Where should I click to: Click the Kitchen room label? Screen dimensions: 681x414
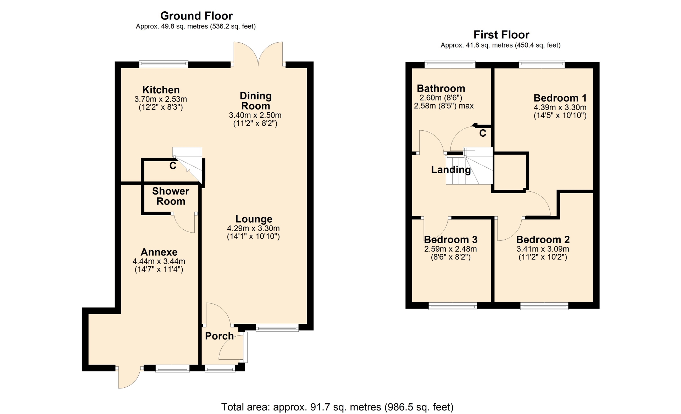(161, 90)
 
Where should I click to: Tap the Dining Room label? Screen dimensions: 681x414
(255, 101)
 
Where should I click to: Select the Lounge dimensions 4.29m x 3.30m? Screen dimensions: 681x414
(253, 228)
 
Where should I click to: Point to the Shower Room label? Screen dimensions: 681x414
(171, 196)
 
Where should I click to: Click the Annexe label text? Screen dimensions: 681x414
(159, 252)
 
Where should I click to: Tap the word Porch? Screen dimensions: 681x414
(219, 336)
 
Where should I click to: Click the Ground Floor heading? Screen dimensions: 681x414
(196, 16)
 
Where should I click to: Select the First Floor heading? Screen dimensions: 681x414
(501, 34)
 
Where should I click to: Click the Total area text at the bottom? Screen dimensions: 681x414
(337, 407)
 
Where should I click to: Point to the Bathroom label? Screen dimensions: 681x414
(441, 88)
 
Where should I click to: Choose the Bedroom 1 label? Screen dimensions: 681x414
(560, 98)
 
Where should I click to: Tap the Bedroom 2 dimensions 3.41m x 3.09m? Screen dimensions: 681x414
(543, 249)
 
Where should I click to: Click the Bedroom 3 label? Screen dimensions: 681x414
(450, 239)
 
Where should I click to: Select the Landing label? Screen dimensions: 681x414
(451, 170)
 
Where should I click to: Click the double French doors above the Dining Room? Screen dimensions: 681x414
(258, 54)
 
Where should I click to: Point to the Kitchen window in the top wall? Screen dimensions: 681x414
(164, 64)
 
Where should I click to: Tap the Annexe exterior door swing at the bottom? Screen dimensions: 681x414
(129, 377)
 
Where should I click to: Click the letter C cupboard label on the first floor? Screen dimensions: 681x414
(482, 134)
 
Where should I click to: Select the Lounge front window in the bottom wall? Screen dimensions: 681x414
(277, 328)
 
